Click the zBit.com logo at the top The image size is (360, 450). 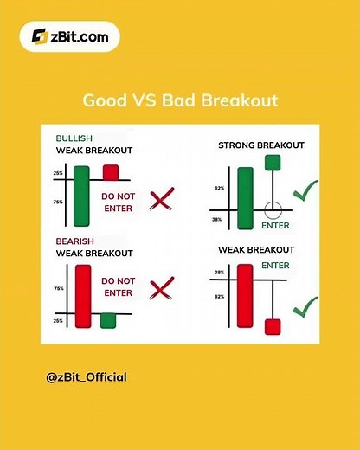[73, 36]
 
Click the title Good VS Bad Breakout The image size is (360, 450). [180, 100]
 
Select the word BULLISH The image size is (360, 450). [75, 138]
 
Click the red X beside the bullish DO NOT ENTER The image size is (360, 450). [161, 202]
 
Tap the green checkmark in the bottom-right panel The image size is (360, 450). [305, 306]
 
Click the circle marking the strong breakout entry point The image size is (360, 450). [273, 209]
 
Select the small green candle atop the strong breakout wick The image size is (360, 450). [273, 162]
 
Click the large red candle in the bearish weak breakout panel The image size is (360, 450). [83, 294]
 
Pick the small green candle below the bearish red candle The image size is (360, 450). [108, 320]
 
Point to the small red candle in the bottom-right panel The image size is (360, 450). [273, 325]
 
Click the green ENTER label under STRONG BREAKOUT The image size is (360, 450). [275, 226]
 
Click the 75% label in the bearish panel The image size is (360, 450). [59, 288]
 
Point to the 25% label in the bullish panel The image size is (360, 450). [59, 174]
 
